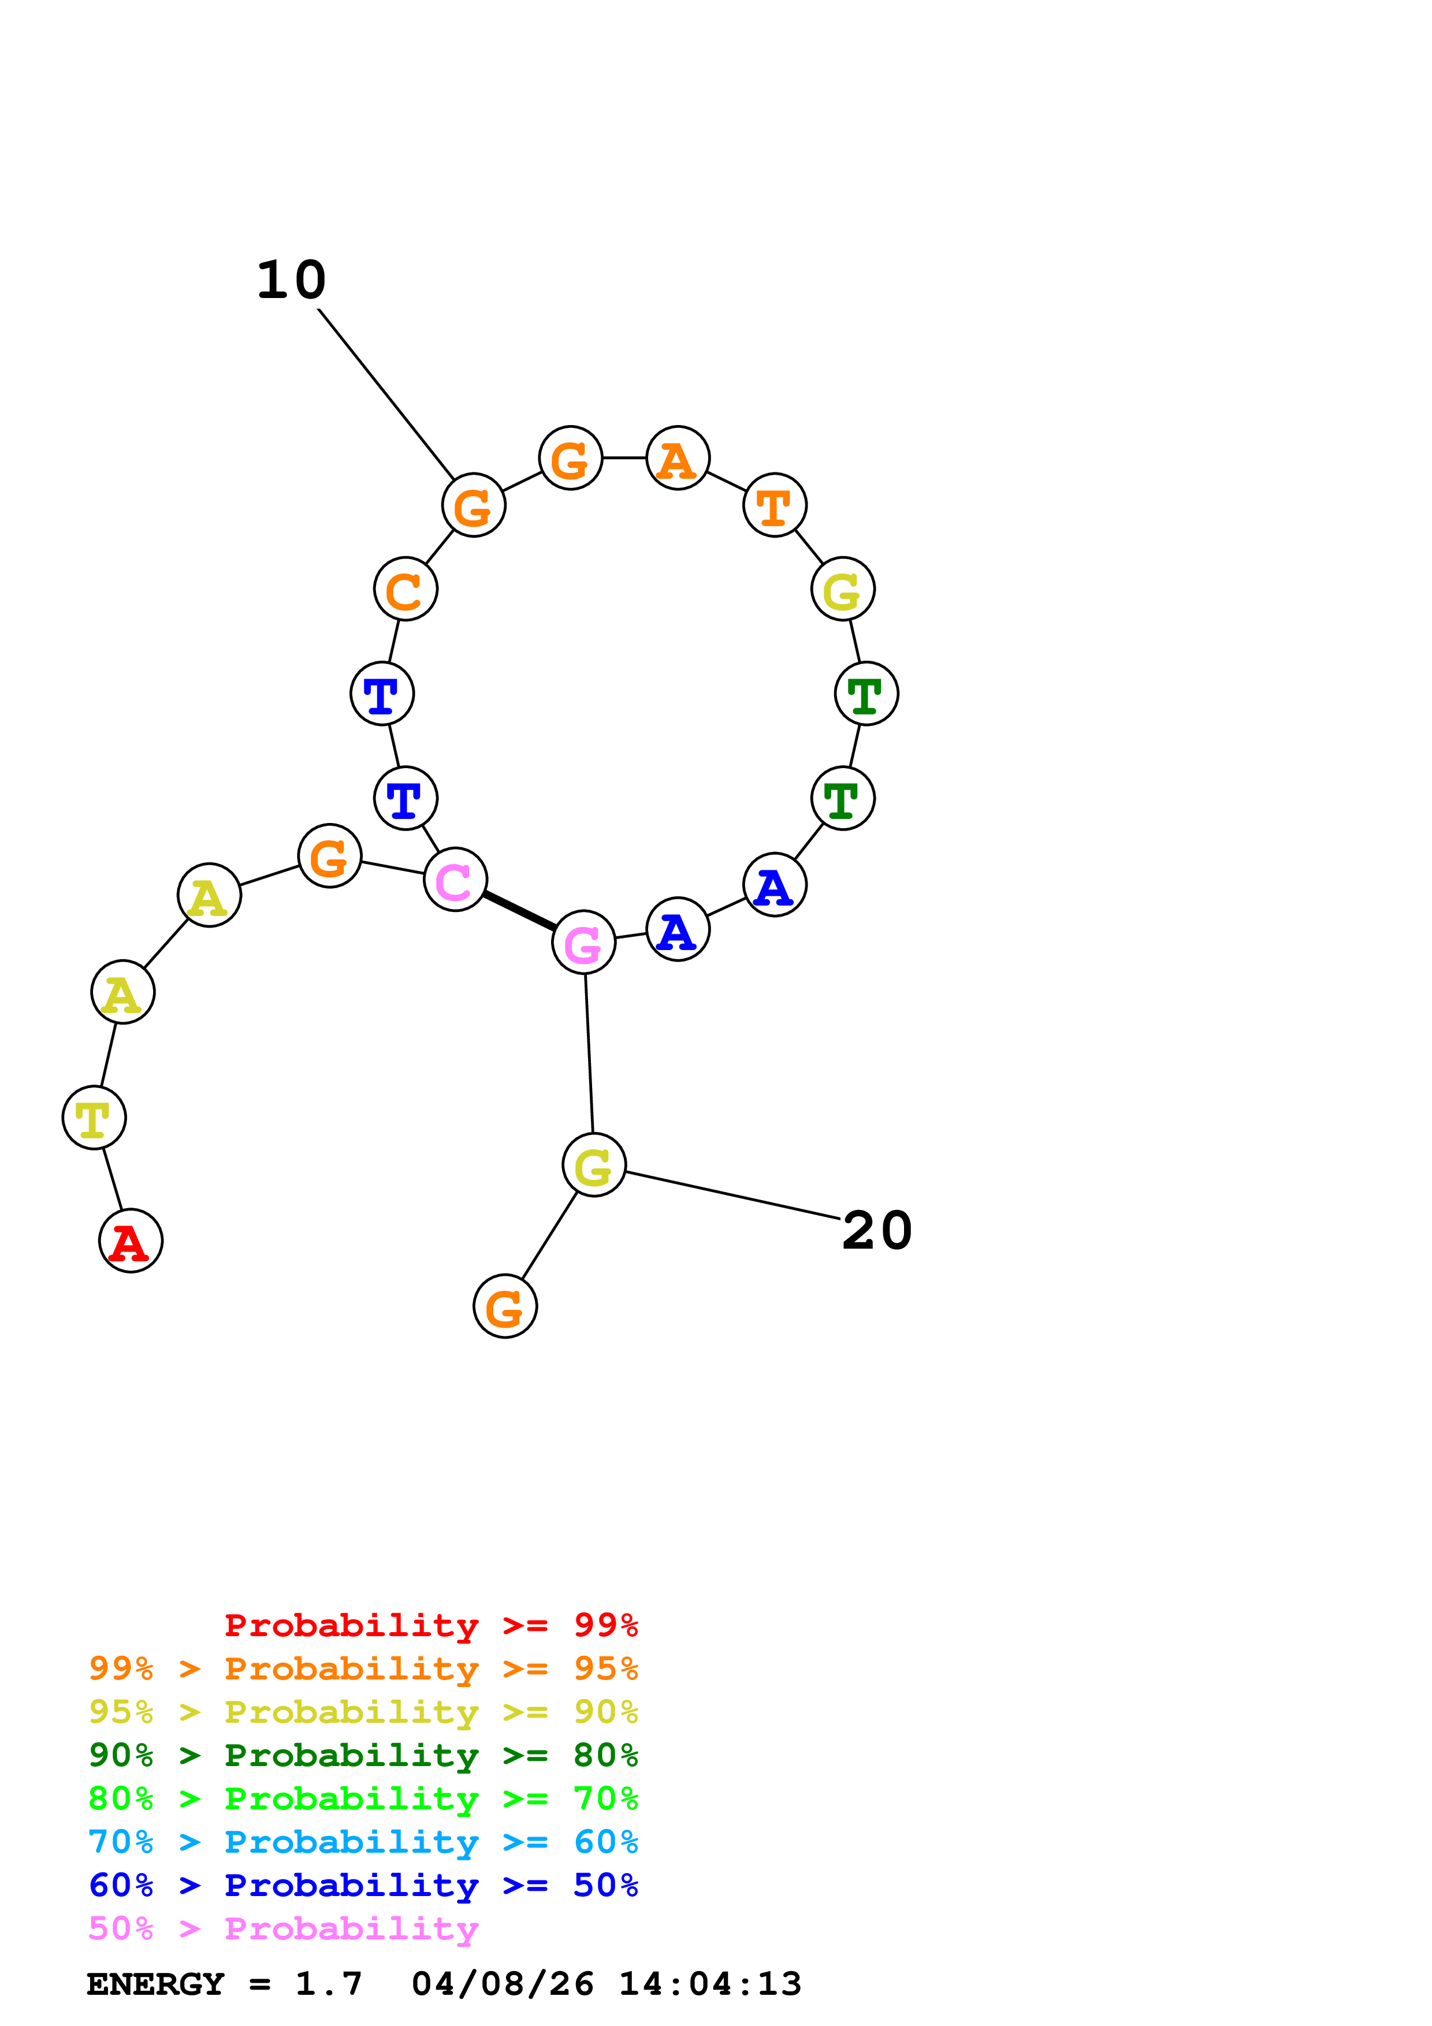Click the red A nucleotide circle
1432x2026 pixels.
pos(131,1241)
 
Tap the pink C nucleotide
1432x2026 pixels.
pos(455,879)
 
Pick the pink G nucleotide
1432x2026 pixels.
pos(583,943)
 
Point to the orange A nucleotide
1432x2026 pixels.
pos(678,458)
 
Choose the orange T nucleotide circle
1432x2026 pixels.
pos(775,505)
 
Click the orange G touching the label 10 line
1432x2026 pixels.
pos(474,505)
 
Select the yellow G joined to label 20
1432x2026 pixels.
pos(594,1165)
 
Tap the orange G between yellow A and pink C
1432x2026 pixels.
pos(330,856)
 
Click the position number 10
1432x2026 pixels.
pos(291,281)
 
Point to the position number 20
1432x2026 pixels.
pos(877,1230)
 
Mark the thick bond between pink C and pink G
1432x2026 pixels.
pos(519,911)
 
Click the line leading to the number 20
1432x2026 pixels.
pos(732,1196)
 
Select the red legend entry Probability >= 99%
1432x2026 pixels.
pos(430,1625)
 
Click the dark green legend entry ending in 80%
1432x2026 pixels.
pos(363,1755)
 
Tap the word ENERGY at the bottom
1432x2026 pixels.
pos(155,1984)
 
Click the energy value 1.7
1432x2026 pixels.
pos(328,1984)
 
